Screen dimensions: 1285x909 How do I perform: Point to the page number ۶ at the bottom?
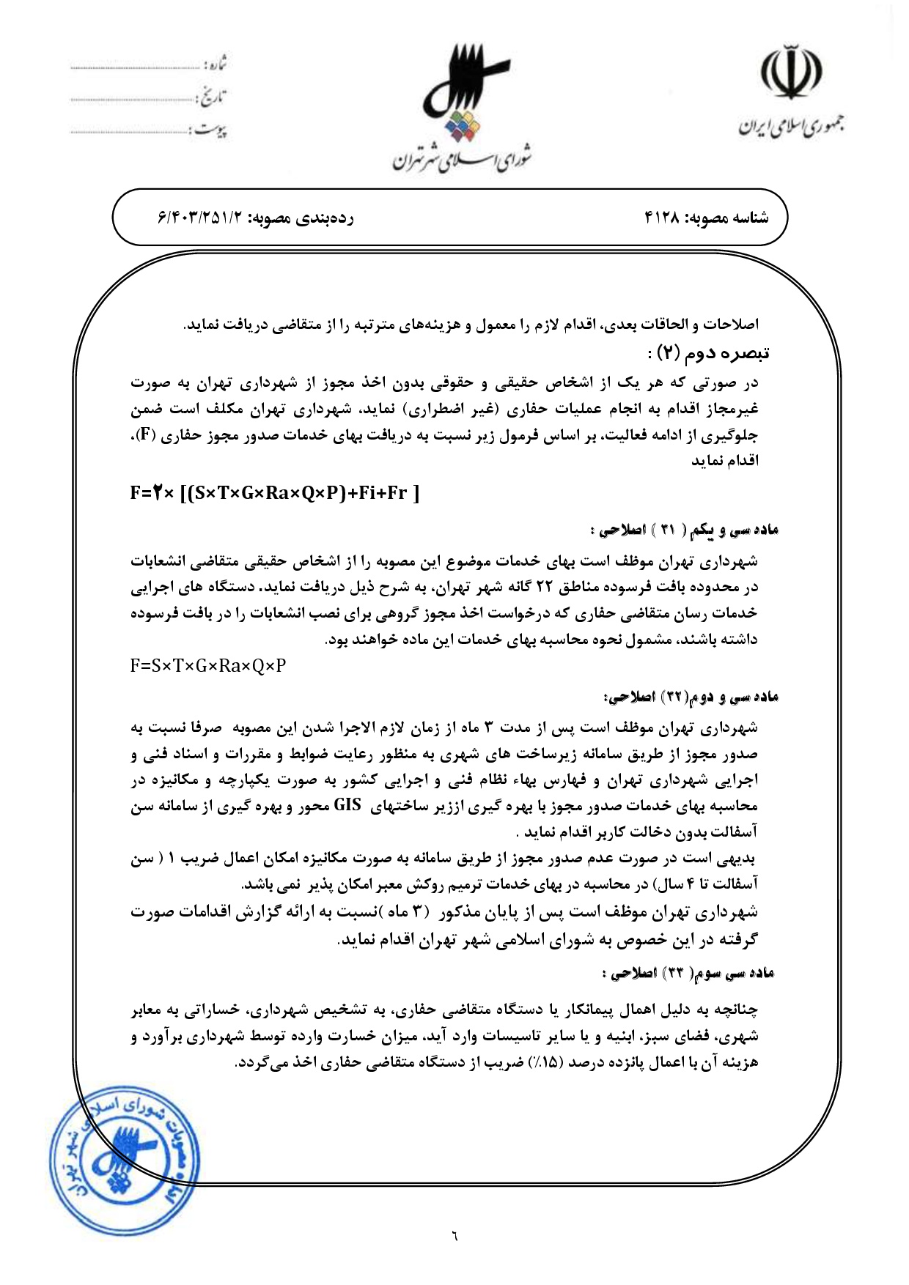coord(454,1237)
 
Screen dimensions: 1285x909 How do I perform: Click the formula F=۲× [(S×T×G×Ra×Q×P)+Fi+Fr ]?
coord(275,493)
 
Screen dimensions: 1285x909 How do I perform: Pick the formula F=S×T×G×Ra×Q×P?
coord(208,666)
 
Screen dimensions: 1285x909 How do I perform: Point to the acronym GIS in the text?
coord(347,805)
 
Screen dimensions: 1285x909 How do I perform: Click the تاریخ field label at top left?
coord(212,96)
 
